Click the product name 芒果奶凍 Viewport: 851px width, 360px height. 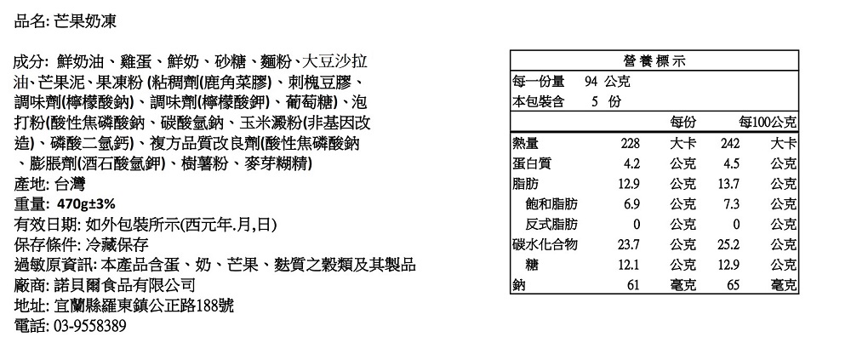point(85,22)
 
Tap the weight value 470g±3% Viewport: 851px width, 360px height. point(86,204)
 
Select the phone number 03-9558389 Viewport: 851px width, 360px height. point(91,326)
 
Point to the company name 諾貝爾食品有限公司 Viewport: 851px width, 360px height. point(125,285)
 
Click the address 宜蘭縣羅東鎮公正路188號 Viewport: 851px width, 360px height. point(145,306)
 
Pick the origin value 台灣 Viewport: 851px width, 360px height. point(70,184)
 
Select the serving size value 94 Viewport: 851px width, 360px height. point(591,82)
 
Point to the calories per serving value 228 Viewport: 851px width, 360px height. point(630,143)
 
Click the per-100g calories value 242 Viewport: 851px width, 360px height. point(729,143)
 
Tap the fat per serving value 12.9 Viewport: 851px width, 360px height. point(629,184)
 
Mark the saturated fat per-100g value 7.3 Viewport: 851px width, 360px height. point(731,204)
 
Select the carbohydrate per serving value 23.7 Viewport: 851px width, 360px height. point(629,244)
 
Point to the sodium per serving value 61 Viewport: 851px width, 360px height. point(633,284)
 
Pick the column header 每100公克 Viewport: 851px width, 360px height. point(769,123)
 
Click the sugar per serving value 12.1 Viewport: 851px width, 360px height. point(629,265)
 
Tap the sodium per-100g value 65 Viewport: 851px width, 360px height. point(733,284)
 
